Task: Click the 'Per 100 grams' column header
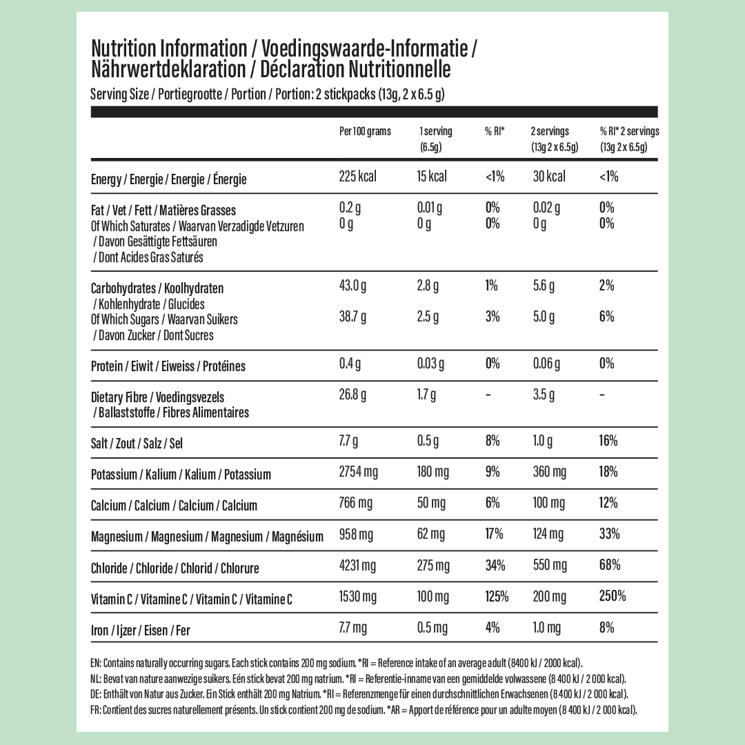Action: pyautogui.click(x=365, y=131)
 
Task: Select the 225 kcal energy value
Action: pyautogui.click(x=358, y=177)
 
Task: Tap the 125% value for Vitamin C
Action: pyautogui.click(x=497, y=596)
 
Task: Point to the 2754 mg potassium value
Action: pyautogui.click(x=359, y=472)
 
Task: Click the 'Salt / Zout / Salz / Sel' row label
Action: pyautogui.click(x=137, y=443)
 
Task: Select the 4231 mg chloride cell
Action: pyautogui.click(x=357, y=566)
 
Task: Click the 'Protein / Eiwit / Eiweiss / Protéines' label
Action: pyautogui.click(x=168, y=366)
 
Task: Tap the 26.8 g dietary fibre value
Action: pyautogui.click(x=352, y=395)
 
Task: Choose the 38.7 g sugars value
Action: pyautogui.click(x=352, y=317)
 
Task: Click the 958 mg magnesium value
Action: pyautogui.click(x=356, y=534)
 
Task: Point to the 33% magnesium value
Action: pyautogui.click(x=609, y=534)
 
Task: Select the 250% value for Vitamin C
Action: pyautogui.click(x=613, y=596)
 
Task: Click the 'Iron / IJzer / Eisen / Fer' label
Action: pyautogui.click(x=140, y=630)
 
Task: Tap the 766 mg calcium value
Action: pyautogui.click(x=355, y=503)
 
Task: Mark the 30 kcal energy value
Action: pyautogui.click(x=549, y=177)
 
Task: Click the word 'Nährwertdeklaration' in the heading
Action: pyautogui.click(x=168, y=69)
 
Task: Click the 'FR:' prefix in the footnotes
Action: pyautogui.click(x=95, y=710)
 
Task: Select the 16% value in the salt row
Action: pyautogui.click(x=608, y=441)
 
